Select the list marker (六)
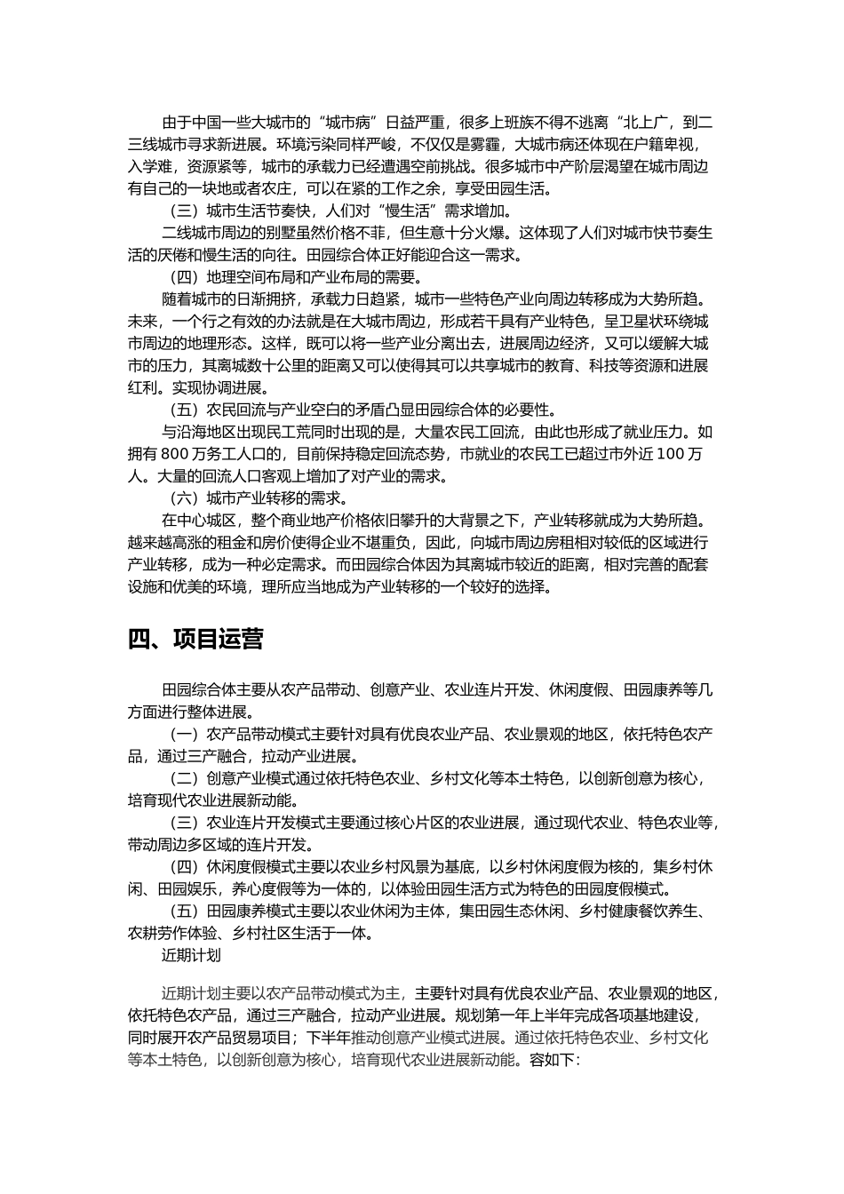[184, 497]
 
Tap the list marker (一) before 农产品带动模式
[184, 734]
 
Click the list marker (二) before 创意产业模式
[184, 778]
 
